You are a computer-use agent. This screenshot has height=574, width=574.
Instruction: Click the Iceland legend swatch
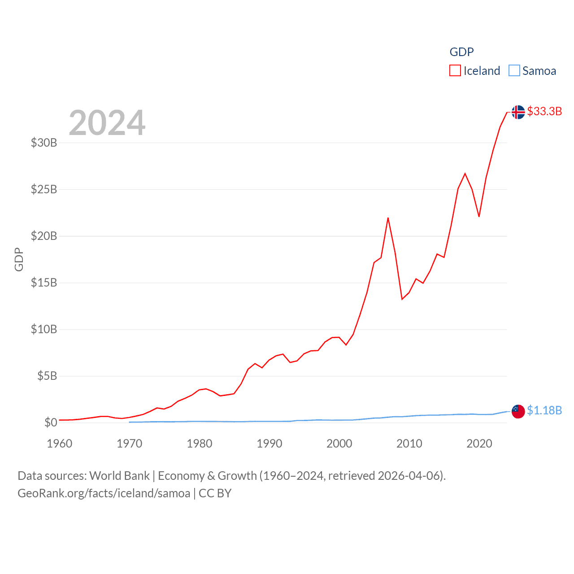pyautogui.click(x=455, y=71)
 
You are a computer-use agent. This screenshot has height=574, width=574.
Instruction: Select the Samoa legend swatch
pyautogui.click(x=514, y=71)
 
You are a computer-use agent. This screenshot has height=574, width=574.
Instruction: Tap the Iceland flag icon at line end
pyautogui.click(x=518, y=112)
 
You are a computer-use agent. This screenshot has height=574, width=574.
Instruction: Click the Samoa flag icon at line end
pyautogui.click(x=518, y=411)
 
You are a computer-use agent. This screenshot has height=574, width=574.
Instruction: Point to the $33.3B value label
pyautogui.click(x=544, y=111)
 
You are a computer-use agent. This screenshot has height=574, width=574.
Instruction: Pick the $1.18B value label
pyautogui.click(x=544, y=410)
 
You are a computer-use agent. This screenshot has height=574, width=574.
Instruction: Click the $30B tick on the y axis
pyautogui.click(x=44, y=143)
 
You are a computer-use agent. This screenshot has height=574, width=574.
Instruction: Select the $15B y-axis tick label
pyautogui.click(x=44, y=283)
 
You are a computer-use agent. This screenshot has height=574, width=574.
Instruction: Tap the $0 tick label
pyautogui.click(x=51, y=422)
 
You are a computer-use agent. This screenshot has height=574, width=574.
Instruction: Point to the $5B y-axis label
pyautogui.click(x=47, y=376)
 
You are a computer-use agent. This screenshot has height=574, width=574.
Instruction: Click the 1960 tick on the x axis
pyautogui.click(x=60, y=444)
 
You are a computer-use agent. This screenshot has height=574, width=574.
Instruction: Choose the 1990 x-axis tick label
pyautogui.click(x=270, y=444)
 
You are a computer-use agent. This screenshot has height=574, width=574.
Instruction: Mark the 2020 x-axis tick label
pyautogui.click(x=479, y=444)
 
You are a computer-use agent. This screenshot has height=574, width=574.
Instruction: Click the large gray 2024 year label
pyautogui.click(x=107, y=123)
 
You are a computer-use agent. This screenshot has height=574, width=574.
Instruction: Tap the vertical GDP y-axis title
pyautogui.click(x=19, y=259)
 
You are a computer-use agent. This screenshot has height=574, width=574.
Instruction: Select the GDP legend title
pyautogui.click(x=461, y=52)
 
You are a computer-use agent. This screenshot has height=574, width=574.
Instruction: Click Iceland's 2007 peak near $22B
pyautogui.click(x=388, y=218)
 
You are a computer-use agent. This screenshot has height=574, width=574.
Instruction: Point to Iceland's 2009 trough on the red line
pyautogui.click(x=402, y=299)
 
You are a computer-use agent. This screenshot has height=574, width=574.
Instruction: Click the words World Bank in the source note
pyautogui.click(x=120, y=475)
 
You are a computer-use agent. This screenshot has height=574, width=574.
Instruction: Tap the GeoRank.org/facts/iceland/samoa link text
pyautogui.click(x=104, y=493)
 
